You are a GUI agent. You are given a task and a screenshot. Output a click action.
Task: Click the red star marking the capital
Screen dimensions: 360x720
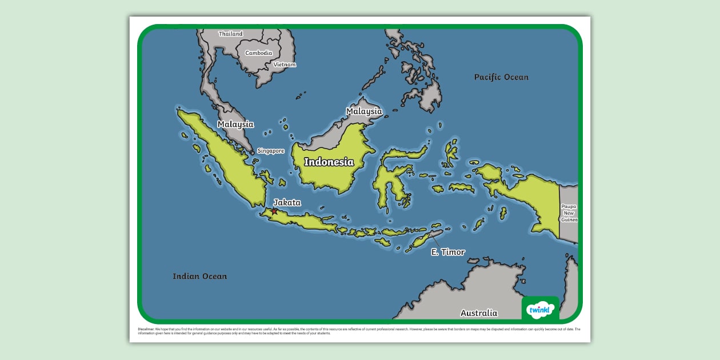274,211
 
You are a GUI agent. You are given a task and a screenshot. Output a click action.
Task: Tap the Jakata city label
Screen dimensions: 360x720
287,202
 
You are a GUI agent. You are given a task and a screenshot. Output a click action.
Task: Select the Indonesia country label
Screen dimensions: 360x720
329,162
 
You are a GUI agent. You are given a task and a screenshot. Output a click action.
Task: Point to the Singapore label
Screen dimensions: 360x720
270,151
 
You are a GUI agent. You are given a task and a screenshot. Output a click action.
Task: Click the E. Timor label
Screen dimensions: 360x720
448,252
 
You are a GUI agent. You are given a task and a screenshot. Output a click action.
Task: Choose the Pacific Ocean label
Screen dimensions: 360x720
501,77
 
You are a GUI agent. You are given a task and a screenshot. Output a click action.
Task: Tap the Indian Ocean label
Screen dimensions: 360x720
200,277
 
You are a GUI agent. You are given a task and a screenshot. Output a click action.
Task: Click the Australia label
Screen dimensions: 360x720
479,313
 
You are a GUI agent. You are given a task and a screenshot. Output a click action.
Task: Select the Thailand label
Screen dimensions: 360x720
231,34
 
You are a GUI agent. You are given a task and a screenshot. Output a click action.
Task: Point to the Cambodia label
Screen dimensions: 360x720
259,53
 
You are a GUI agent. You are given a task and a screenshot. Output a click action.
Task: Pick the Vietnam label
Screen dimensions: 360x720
285,65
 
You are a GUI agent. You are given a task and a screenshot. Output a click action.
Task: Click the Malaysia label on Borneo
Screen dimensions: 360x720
364,111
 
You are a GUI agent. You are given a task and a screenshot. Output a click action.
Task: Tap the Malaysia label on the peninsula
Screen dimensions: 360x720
235,124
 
